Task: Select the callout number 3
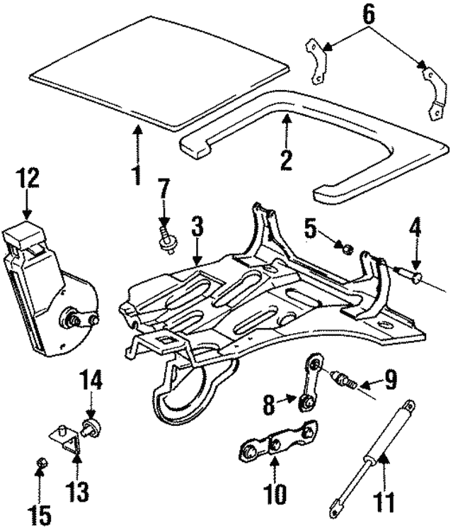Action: [x=197, y=228]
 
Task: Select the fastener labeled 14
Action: [x=90, y=426]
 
